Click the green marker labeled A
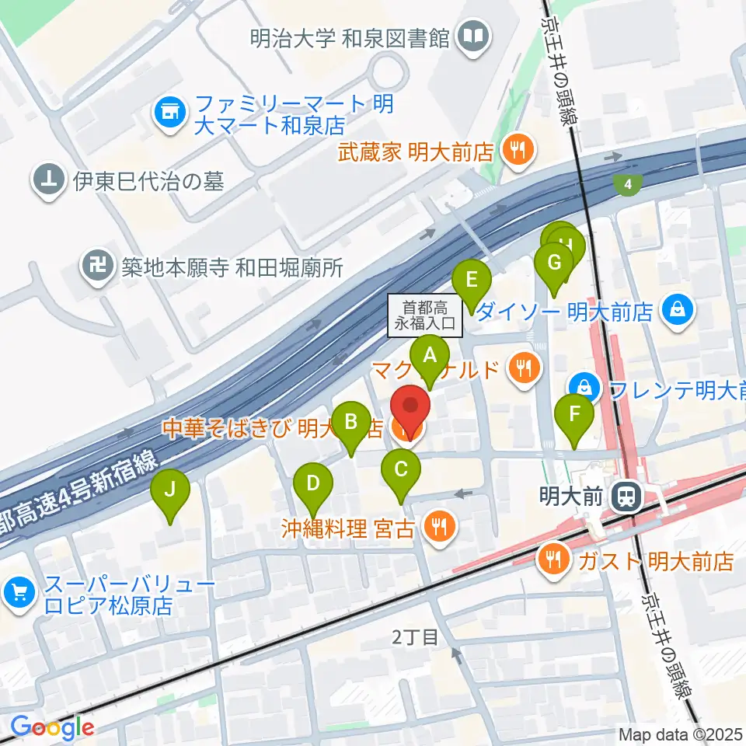(430, 357)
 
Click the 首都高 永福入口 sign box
(425, 317)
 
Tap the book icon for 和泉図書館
(472, 37)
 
